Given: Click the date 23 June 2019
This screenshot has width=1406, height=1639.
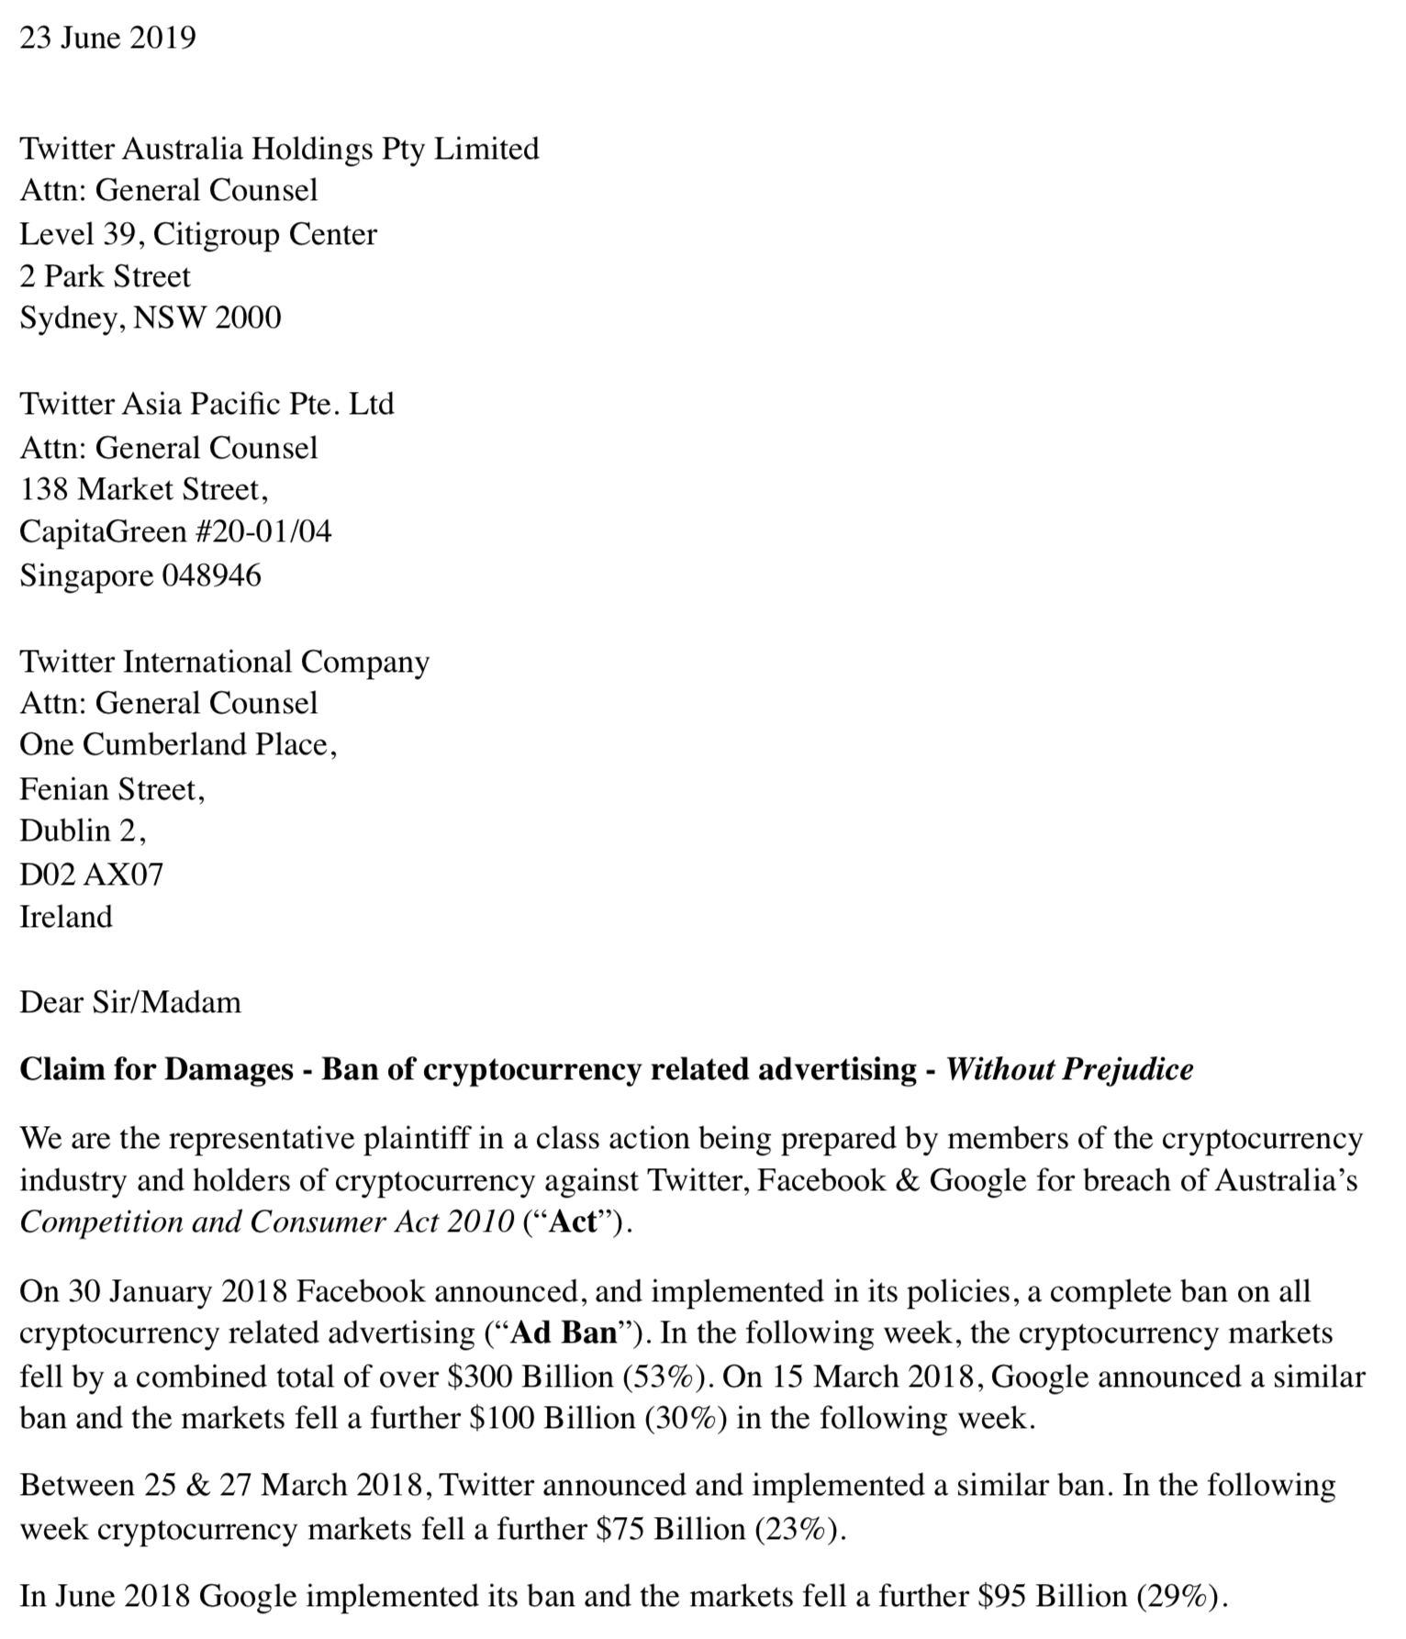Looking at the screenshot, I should [x=107, y=38].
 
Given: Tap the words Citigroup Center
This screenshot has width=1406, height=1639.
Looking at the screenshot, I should [x=264, y=234].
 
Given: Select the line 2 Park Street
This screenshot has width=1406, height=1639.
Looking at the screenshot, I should [x=105, y=276].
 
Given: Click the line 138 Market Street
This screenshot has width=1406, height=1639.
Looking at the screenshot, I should [x=144, y=489].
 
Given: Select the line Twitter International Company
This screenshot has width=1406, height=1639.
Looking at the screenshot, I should [x=224, y=662].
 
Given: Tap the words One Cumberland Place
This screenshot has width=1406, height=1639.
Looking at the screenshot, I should [x=178, y=744].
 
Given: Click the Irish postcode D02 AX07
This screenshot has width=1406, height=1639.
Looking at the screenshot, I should [x=91, y=874].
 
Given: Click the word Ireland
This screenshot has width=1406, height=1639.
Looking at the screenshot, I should [x=66, y=917].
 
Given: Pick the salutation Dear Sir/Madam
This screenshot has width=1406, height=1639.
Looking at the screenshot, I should [x=130, y=1001].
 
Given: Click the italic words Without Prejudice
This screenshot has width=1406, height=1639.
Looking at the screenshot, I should [x=1069, y=1069].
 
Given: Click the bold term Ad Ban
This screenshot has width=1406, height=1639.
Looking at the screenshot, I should [x=564, y=1332].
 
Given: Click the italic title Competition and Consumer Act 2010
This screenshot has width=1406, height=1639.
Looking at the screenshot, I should [x=267, y=1222].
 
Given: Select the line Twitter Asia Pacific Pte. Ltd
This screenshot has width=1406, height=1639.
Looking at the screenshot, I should [x=207, y=404].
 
